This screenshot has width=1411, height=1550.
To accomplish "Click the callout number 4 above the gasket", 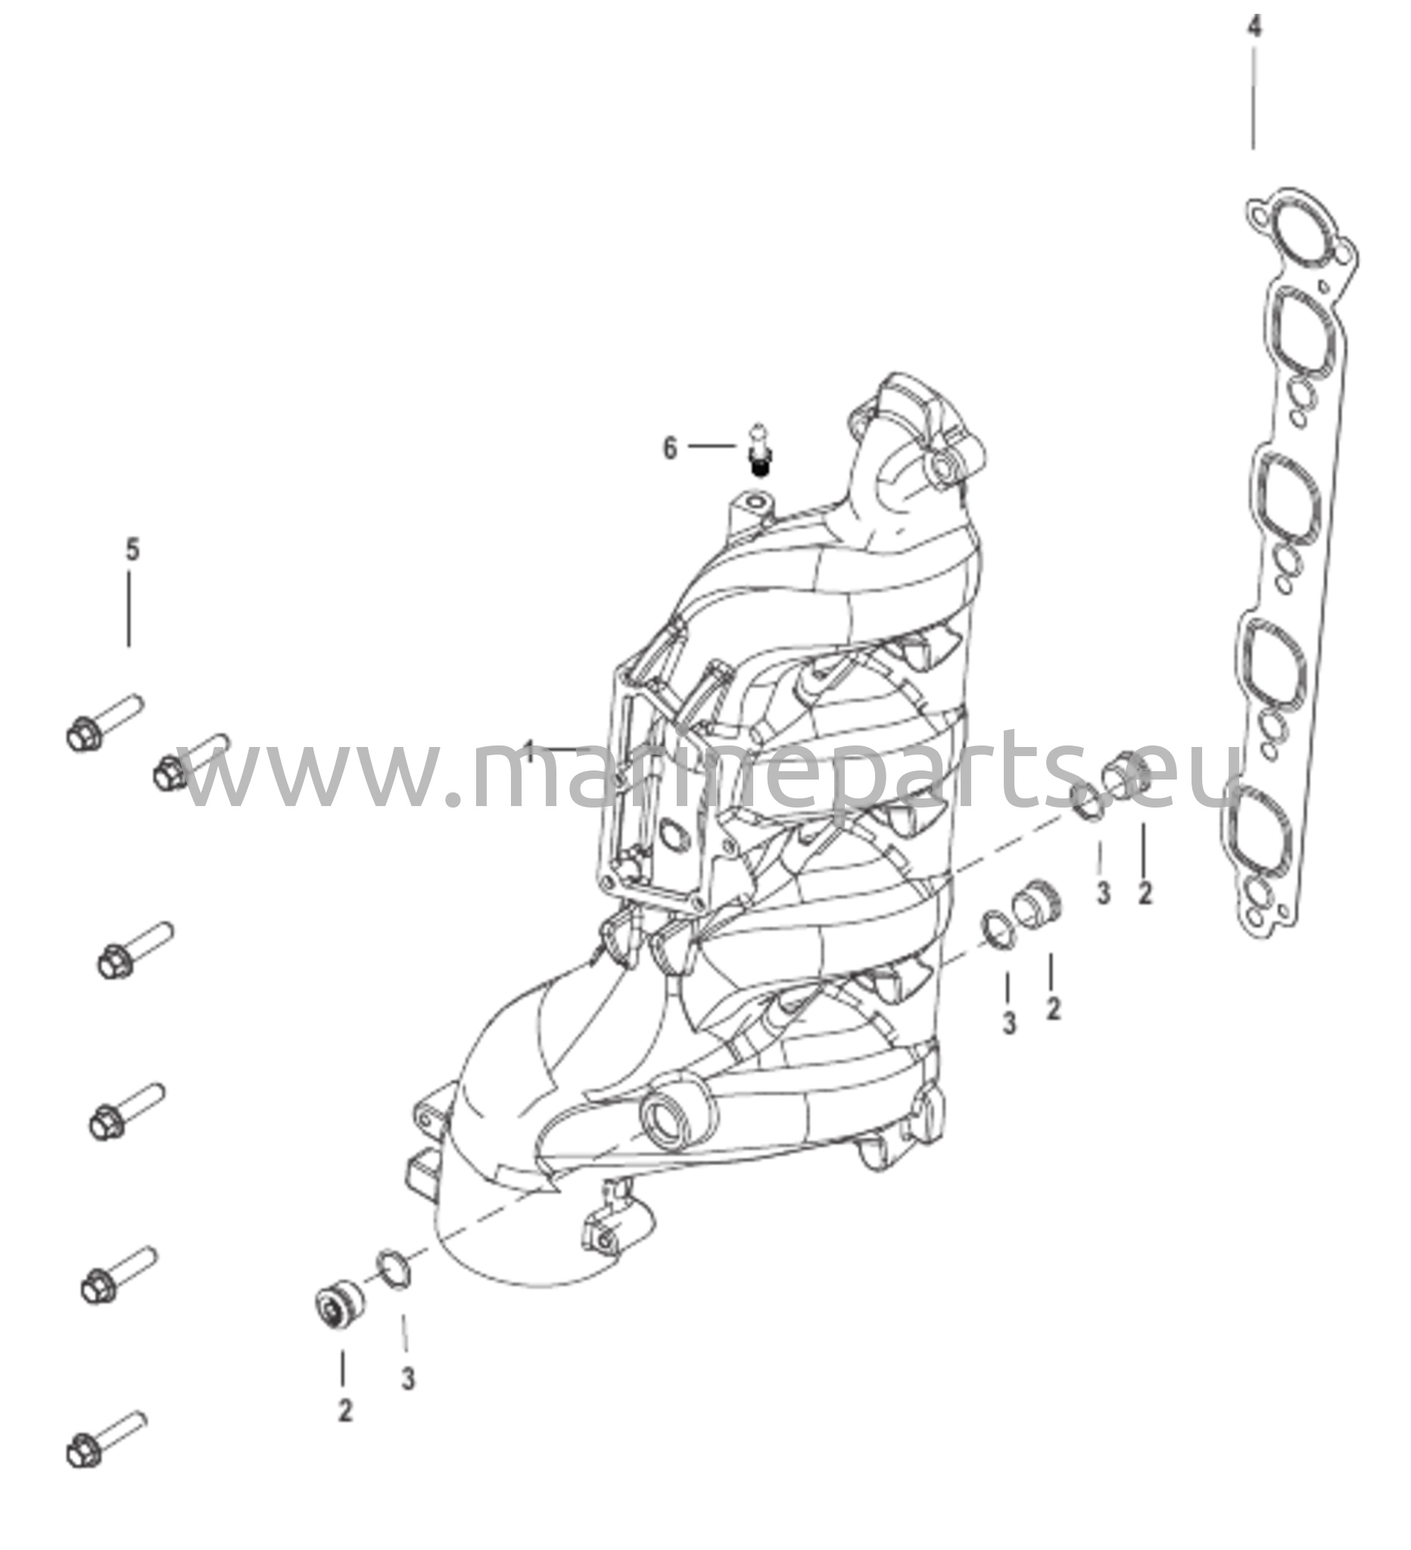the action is (x=1254, y=28).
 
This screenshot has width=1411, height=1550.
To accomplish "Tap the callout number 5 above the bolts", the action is (x=132, y=550).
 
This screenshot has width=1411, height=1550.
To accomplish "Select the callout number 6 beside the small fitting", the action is (x=670, y=448).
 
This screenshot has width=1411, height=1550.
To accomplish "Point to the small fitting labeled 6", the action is (x=760, y=449).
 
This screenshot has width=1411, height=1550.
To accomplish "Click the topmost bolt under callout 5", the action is (x=104, y=722).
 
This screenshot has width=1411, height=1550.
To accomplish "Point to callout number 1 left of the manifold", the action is (x=529, y=749).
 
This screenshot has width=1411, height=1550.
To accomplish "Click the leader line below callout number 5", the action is (x=129, y=612).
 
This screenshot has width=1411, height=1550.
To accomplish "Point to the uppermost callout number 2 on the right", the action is (x=1145, y=892).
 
